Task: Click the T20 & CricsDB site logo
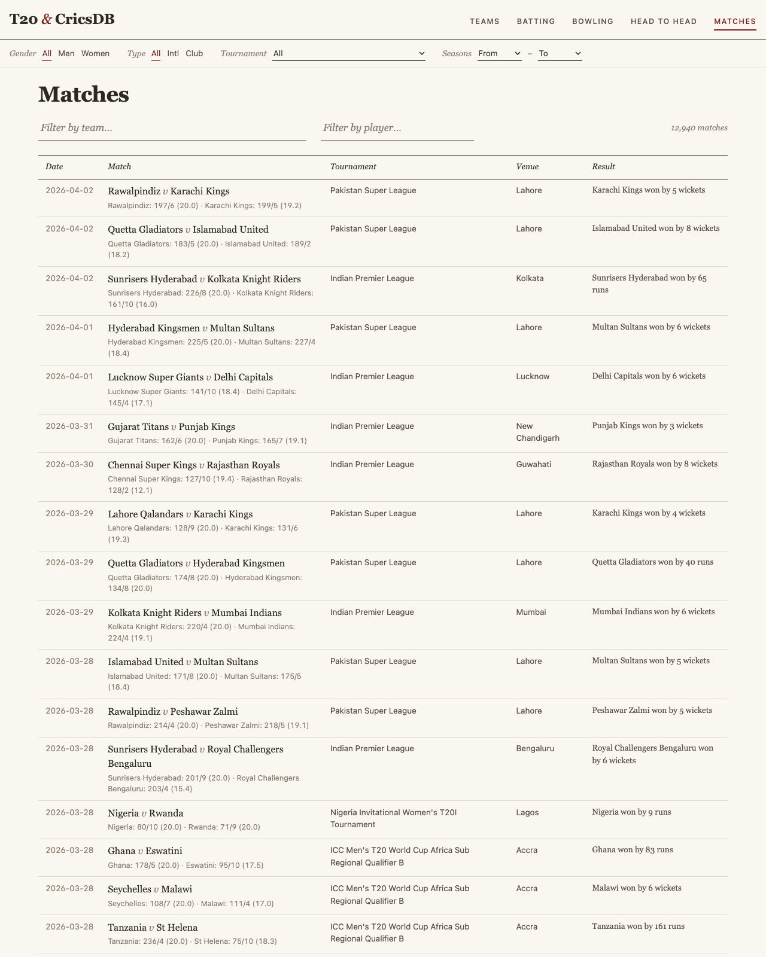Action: point(62,19)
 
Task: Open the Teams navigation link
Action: point(484,22)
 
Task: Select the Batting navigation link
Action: point(536,22)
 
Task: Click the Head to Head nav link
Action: point(664,22)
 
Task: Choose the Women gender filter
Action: point(95,54)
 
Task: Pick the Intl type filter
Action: point(173,54)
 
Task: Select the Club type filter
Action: point(194,54)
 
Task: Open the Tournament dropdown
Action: point(349,54)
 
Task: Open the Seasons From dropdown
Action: point(499,54)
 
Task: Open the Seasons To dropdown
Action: point(560,54)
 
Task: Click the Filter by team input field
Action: point(172,128)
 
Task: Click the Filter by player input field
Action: point(397,128)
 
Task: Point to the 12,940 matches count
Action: point(699,128)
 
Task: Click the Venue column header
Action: point(527,167)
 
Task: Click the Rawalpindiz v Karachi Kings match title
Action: point(168,191)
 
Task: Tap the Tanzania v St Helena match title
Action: point(153,928)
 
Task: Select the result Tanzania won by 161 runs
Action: point(638,926)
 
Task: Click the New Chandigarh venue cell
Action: point(537,432)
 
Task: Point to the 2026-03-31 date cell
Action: point(69,426)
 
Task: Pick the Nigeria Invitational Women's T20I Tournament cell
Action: point(394,818)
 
